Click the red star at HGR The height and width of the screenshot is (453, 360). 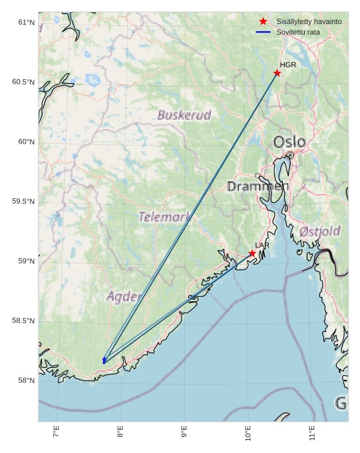point(277,73)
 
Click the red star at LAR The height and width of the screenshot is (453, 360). point(252,253)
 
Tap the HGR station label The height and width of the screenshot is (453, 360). point(287,65)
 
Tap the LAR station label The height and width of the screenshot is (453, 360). point(262,245)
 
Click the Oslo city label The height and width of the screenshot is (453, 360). point(289,142)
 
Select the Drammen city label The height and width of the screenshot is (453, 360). point(258,186)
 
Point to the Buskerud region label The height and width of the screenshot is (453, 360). point(184,115)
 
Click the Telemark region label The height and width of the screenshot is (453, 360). point(164,216)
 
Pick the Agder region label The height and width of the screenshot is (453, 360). point(124,296)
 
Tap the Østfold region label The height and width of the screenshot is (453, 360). point(320,231)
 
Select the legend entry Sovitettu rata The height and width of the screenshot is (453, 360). point(298,32)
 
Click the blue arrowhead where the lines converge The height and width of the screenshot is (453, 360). point(104,361)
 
